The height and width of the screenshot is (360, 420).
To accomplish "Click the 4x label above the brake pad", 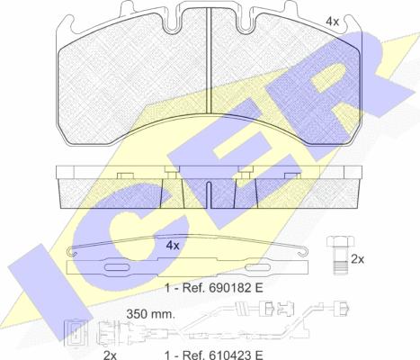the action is [x=332, y=22].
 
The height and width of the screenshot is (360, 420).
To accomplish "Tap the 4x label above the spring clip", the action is [x=173, y=246].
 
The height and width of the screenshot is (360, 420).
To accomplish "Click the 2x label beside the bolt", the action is [x=357, y=259].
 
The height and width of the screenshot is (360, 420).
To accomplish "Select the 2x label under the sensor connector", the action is [x=110, y=355].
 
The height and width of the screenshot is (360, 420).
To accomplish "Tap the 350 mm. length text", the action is [x=150, y=314].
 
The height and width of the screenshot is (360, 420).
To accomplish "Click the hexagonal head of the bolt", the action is [x=340, y=242].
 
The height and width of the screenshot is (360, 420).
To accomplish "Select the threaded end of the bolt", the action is [x=340, y=267].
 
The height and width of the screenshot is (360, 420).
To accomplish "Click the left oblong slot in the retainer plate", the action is [x=116, y=267].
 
